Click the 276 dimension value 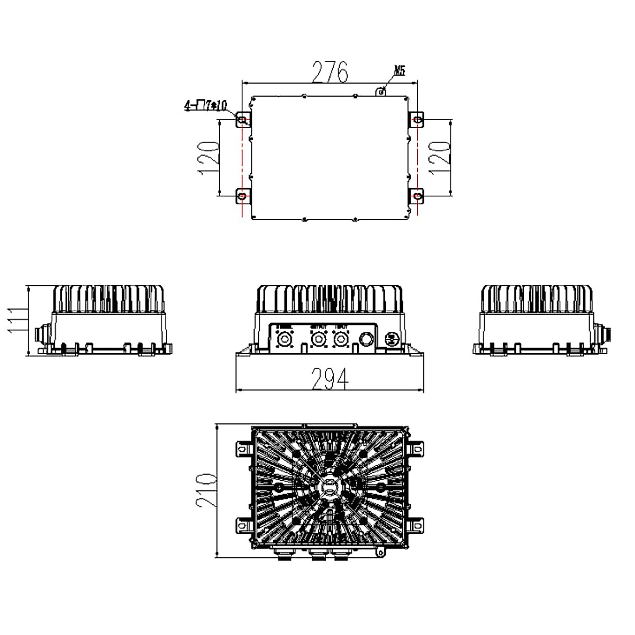(x=330, y=72)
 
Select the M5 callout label (x=400, y=71)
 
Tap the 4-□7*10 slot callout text (x=205, y=106)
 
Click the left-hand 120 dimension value (x=208, y=158)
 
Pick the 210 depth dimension (x=206, y=490)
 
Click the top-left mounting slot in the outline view (x=242, y=121)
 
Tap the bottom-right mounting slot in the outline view (x=418, y=196)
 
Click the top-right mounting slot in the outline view (x=418, y=121)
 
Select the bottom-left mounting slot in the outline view (x=242, y=196)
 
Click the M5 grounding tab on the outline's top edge (x=379, y=92)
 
